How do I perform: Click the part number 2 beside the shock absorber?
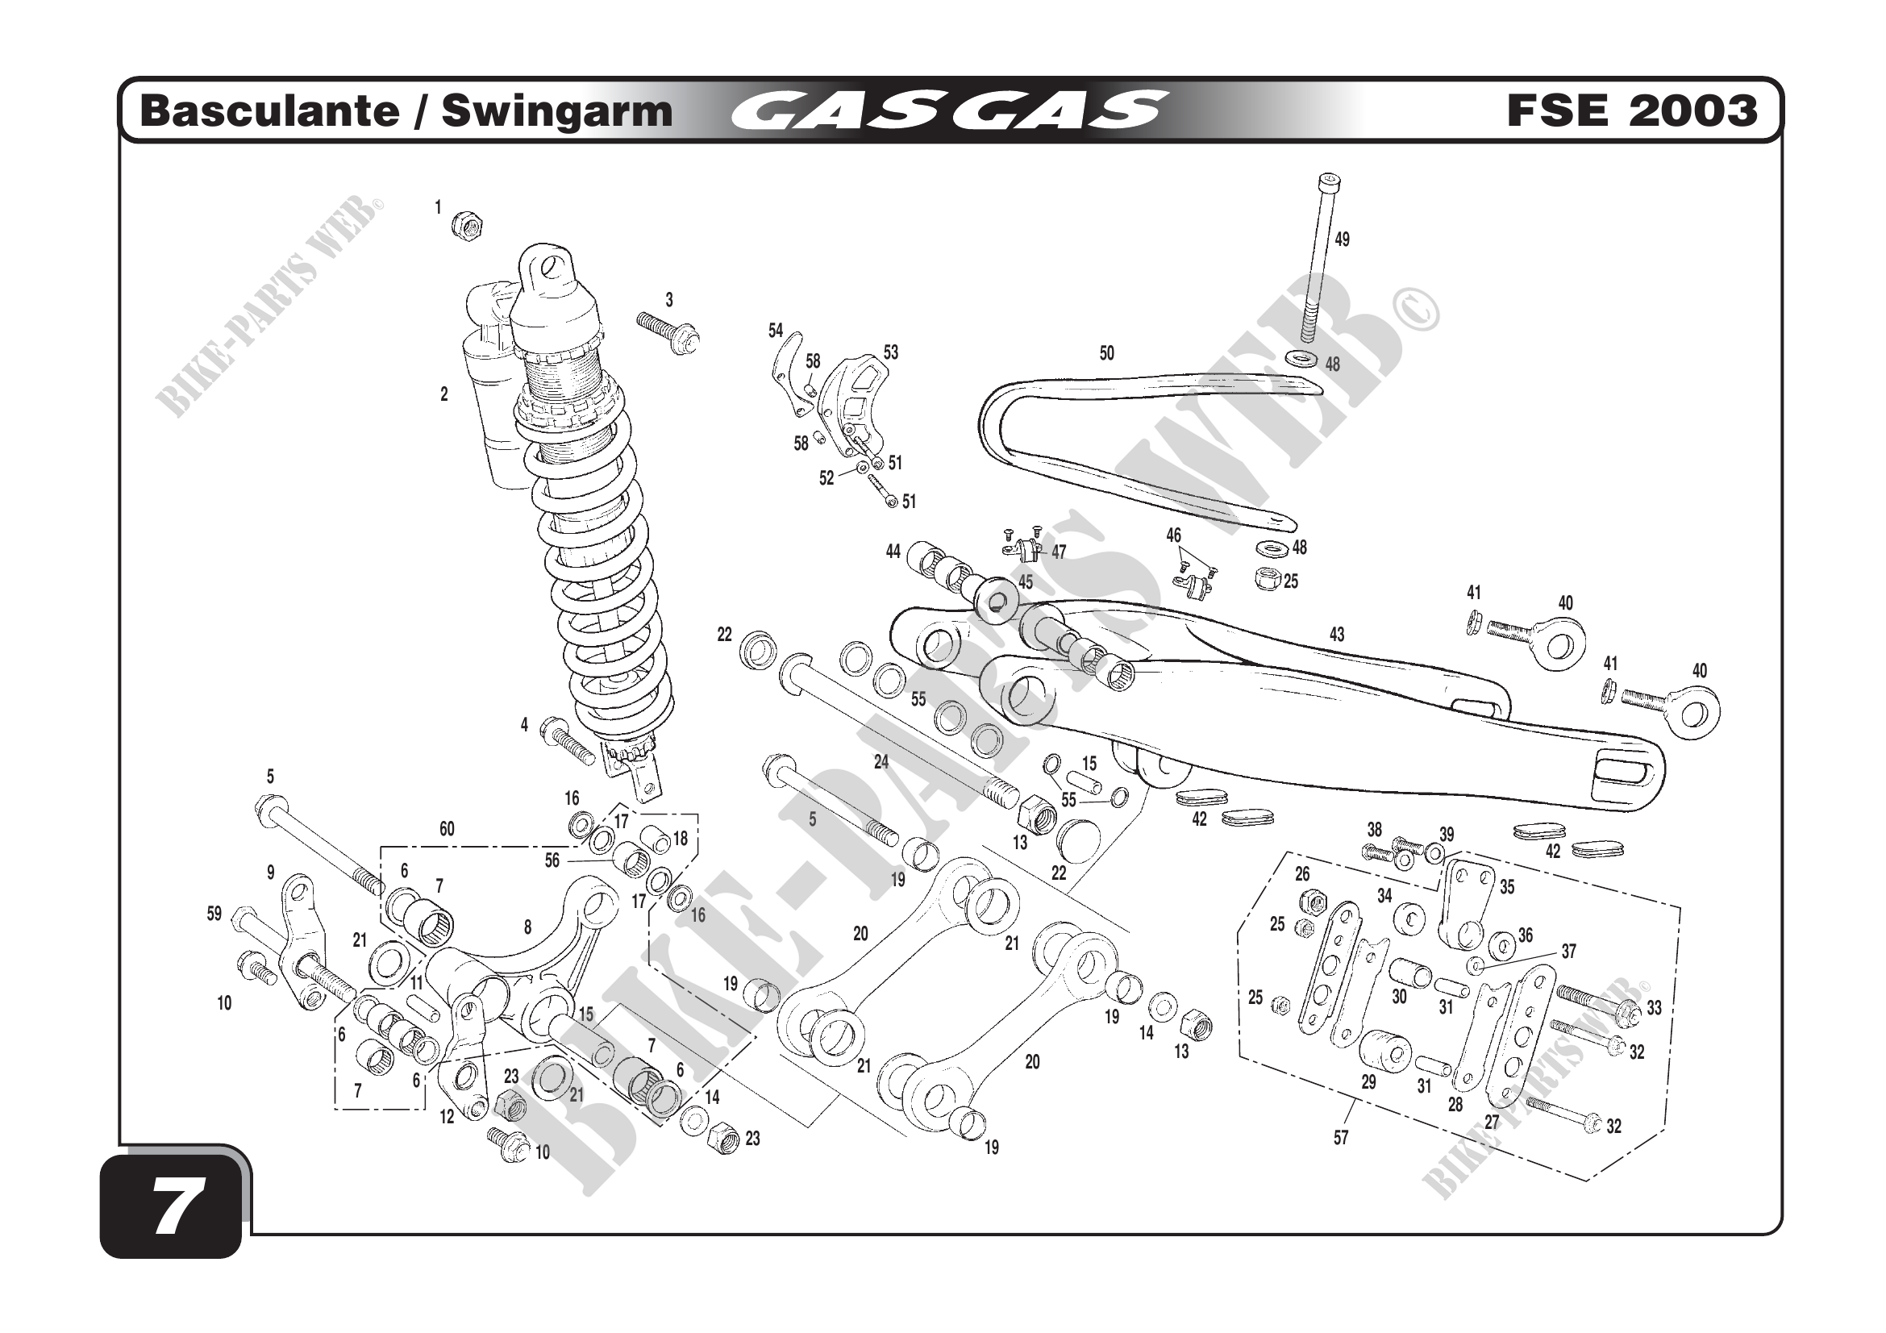(x=444, y=394)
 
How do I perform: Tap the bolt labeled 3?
(x=668, y=331)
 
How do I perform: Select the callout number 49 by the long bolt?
(x=1342, y=240)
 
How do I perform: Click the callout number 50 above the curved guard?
(x=1106, y=353)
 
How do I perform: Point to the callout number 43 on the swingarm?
(x=1336, y=634)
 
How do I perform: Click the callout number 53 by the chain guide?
(x=890, y=352)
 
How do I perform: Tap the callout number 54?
(x=776, y=331)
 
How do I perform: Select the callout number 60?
(x=446, y=829)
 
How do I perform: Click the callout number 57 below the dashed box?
(x=1341, y=1138)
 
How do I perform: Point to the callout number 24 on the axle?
(x=881, y=762)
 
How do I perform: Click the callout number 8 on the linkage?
(x=527, y=927)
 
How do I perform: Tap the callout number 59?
(x=214, y=914)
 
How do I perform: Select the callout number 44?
(x=893, y=552)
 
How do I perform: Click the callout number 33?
(x=1654, y=1008)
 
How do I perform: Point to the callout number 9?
(x=270, y=873)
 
